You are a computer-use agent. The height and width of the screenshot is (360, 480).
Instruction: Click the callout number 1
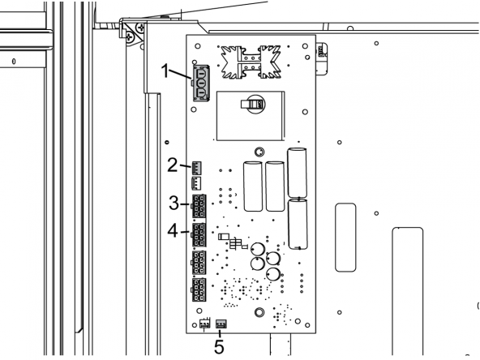click(165, 71)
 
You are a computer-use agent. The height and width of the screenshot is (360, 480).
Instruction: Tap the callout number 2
click(173, 165)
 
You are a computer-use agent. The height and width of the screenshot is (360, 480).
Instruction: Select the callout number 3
click(174, 203)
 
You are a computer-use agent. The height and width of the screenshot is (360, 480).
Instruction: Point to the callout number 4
click(173, 230)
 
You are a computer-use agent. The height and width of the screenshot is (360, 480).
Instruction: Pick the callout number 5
click(219, 346)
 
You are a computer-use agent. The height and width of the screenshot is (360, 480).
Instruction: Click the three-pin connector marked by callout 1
click(201, 83)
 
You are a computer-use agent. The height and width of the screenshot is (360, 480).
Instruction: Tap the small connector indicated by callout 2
click(196, 168)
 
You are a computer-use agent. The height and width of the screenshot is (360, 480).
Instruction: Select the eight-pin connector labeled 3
click(199, 206)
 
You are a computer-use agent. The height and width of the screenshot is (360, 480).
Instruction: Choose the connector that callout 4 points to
click(199, 235)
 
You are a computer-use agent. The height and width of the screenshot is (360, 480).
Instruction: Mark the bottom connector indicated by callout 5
click(221, 324)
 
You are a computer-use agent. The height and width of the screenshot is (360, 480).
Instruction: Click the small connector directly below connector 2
click(196, 182)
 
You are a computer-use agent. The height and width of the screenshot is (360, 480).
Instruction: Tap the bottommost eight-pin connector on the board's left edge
click(199, 290)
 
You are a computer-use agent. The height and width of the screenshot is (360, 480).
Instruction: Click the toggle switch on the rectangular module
click(252, 104)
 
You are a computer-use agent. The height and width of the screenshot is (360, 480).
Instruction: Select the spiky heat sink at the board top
click(251, 62)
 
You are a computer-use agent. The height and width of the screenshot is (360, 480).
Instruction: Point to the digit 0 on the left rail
click(14, 62)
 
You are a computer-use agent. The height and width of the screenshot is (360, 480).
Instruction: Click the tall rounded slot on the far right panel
click(408, 291)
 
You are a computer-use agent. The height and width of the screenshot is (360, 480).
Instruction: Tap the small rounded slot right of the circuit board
click(345, 238)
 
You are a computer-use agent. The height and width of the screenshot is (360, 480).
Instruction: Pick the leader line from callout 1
click(180, 75)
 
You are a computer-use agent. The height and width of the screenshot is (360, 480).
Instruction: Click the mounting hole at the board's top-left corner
click(198, 46)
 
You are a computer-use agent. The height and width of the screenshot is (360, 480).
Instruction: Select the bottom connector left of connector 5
click(205, 324)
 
